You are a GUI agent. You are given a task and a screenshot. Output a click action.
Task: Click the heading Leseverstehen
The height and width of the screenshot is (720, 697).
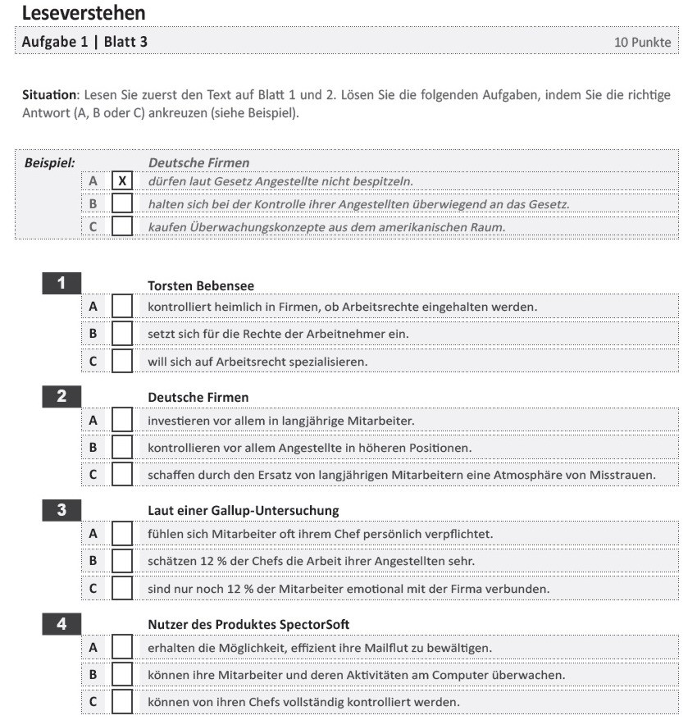[x=84, y=13]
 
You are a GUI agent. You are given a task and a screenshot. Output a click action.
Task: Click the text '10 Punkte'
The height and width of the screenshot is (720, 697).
[x=642, y=42]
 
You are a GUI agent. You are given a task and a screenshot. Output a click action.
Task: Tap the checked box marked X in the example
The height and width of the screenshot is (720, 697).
[x=122, y=181]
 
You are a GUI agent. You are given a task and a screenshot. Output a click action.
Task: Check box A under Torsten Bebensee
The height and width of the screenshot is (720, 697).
[x=122, y=307]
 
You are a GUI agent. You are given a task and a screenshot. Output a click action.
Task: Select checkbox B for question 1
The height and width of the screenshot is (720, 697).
[x=122, y=334]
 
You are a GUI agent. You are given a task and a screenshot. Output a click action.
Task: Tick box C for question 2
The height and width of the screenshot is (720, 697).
[x=122, y=474]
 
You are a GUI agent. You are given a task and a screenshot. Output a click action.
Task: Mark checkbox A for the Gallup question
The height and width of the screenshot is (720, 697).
[x=122, y=534]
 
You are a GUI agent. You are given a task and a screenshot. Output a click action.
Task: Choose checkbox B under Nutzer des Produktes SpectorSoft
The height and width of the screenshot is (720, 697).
[x=122, y=674]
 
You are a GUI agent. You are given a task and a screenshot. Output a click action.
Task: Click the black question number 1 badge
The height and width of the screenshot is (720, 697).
[x=61, y=285]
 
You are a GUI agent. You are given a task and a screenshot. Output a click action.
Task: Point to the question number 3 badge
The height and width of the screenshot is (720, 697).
[x=61, y=510]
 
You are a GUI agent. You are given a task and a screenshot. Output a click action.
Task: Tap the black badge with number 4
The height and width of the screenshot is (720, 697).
[x=61, y=623]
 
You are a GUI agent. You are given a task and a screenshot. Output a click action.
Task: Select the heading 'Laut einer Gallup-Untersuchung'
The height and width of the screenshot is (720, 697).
[x=243, y=511]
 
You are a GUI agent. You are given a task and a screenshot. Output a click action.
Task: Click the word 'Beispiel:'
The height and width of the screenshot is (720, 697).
[x=49, y=162]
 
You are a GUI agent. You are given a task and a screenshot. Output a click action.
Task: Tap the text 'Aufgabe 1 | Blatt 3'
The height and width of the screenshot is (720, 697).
[x=85, y=41]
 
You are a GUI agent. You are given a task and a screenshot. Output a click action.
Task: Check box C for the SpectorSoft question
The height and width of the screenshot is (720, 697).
[x=122, y=702]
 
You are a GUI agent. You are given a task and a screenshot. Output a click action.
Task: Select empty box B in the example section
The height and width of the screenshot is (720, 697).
[x=122, y=203]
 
